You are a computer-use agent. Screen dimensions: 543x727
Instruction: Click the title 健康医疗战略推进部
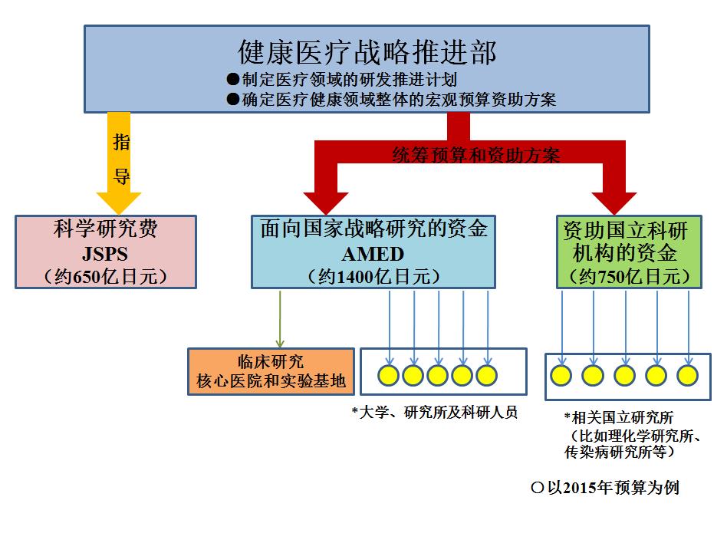pos(367,52)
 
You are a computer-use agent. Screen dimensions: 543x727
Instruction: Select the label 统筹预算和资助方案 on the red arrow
pos(475,156)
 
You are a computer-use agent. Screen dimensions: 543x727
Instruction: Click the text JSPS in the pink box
pos(105,252)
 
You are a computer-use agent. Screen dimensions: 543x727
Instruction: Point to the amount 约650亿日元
pos(106,275)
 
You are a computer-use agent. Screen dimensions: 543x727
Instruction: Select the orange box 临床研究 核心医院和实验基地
pos(271,371)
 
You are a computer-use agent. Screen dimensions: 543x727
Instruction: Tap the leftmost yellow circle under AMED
pos(389,375)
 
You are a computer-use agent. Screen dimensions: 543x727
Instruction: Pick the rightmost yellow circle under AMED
pos(487,375)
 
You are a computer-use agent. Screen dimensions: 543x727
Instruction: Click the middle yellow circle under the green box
pos(624,375)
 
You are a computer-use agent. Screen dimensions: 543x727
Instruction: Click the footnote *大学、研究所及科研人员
pos(434,413)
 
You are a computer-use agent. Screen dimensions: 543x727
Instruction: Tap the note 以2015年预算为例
pos(605,488)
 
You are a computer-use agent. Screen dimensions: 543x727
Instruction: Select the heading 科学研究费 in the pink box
pos(105,229)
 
